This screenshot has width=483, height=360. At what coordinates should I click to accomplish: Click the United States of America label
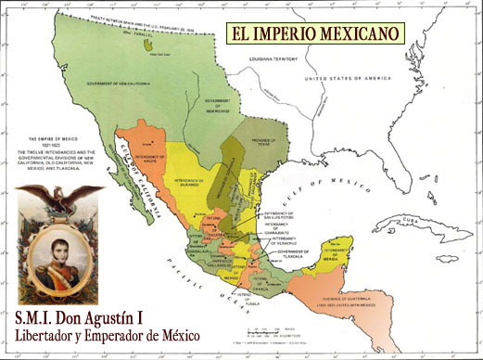(362, 80)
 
